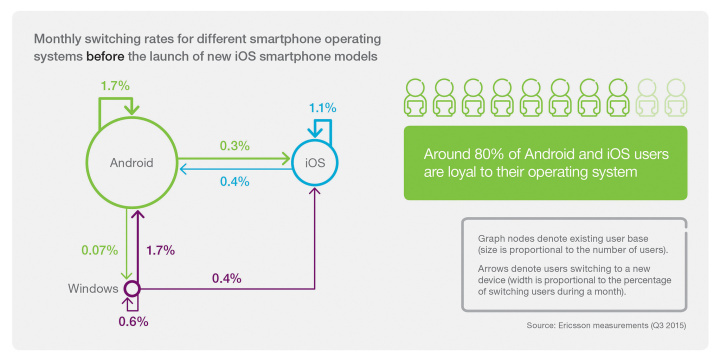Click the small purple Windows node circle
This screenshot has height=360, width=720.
point(130,289)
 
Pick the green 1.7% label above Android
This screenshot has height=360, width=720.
point(114,86)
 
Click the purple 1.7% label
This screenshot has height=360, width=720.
point(162,250)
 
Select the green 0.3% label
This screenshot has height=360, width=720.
point(236,146)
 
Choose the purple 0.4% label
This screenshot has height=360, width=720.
point(227,277)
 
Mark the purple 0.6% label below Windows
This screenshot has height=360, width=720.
point(134,321)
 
